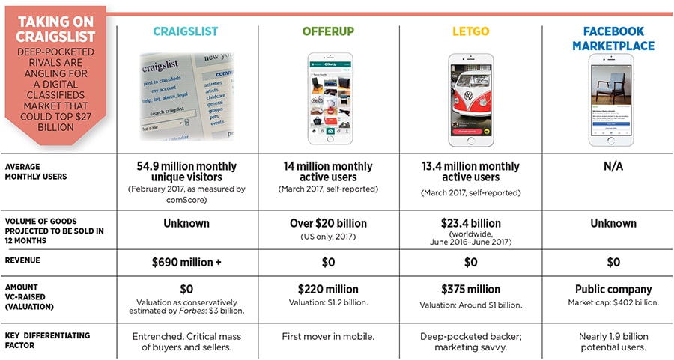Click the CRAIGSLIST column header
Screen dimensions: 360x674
coord(186,31)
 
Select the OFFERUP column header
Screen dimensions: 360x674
coord(330,31)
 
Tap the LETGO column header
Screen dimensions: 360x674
coord(470,31)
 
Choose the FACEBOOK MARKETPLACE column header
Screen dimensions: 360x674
coord(613,39)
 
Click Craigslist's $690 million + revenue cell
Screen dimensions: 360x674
coord(186,263)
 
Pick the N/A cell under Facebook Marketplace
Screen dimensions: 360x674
coord(613,166)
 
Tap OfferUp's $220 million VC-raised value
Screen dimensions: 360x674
coord(329,289)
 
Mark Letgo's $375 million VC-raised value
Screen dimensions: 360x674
coord(471,289)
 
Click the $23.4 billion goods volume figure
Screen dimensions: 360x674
coord(471,223)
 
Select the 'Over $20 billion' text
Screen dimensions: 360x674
coord(329,223)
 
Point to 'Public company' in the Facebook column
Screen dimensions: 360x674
coord(613,289)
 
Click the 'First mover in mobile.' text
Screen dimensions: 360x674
coord(329,335)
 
